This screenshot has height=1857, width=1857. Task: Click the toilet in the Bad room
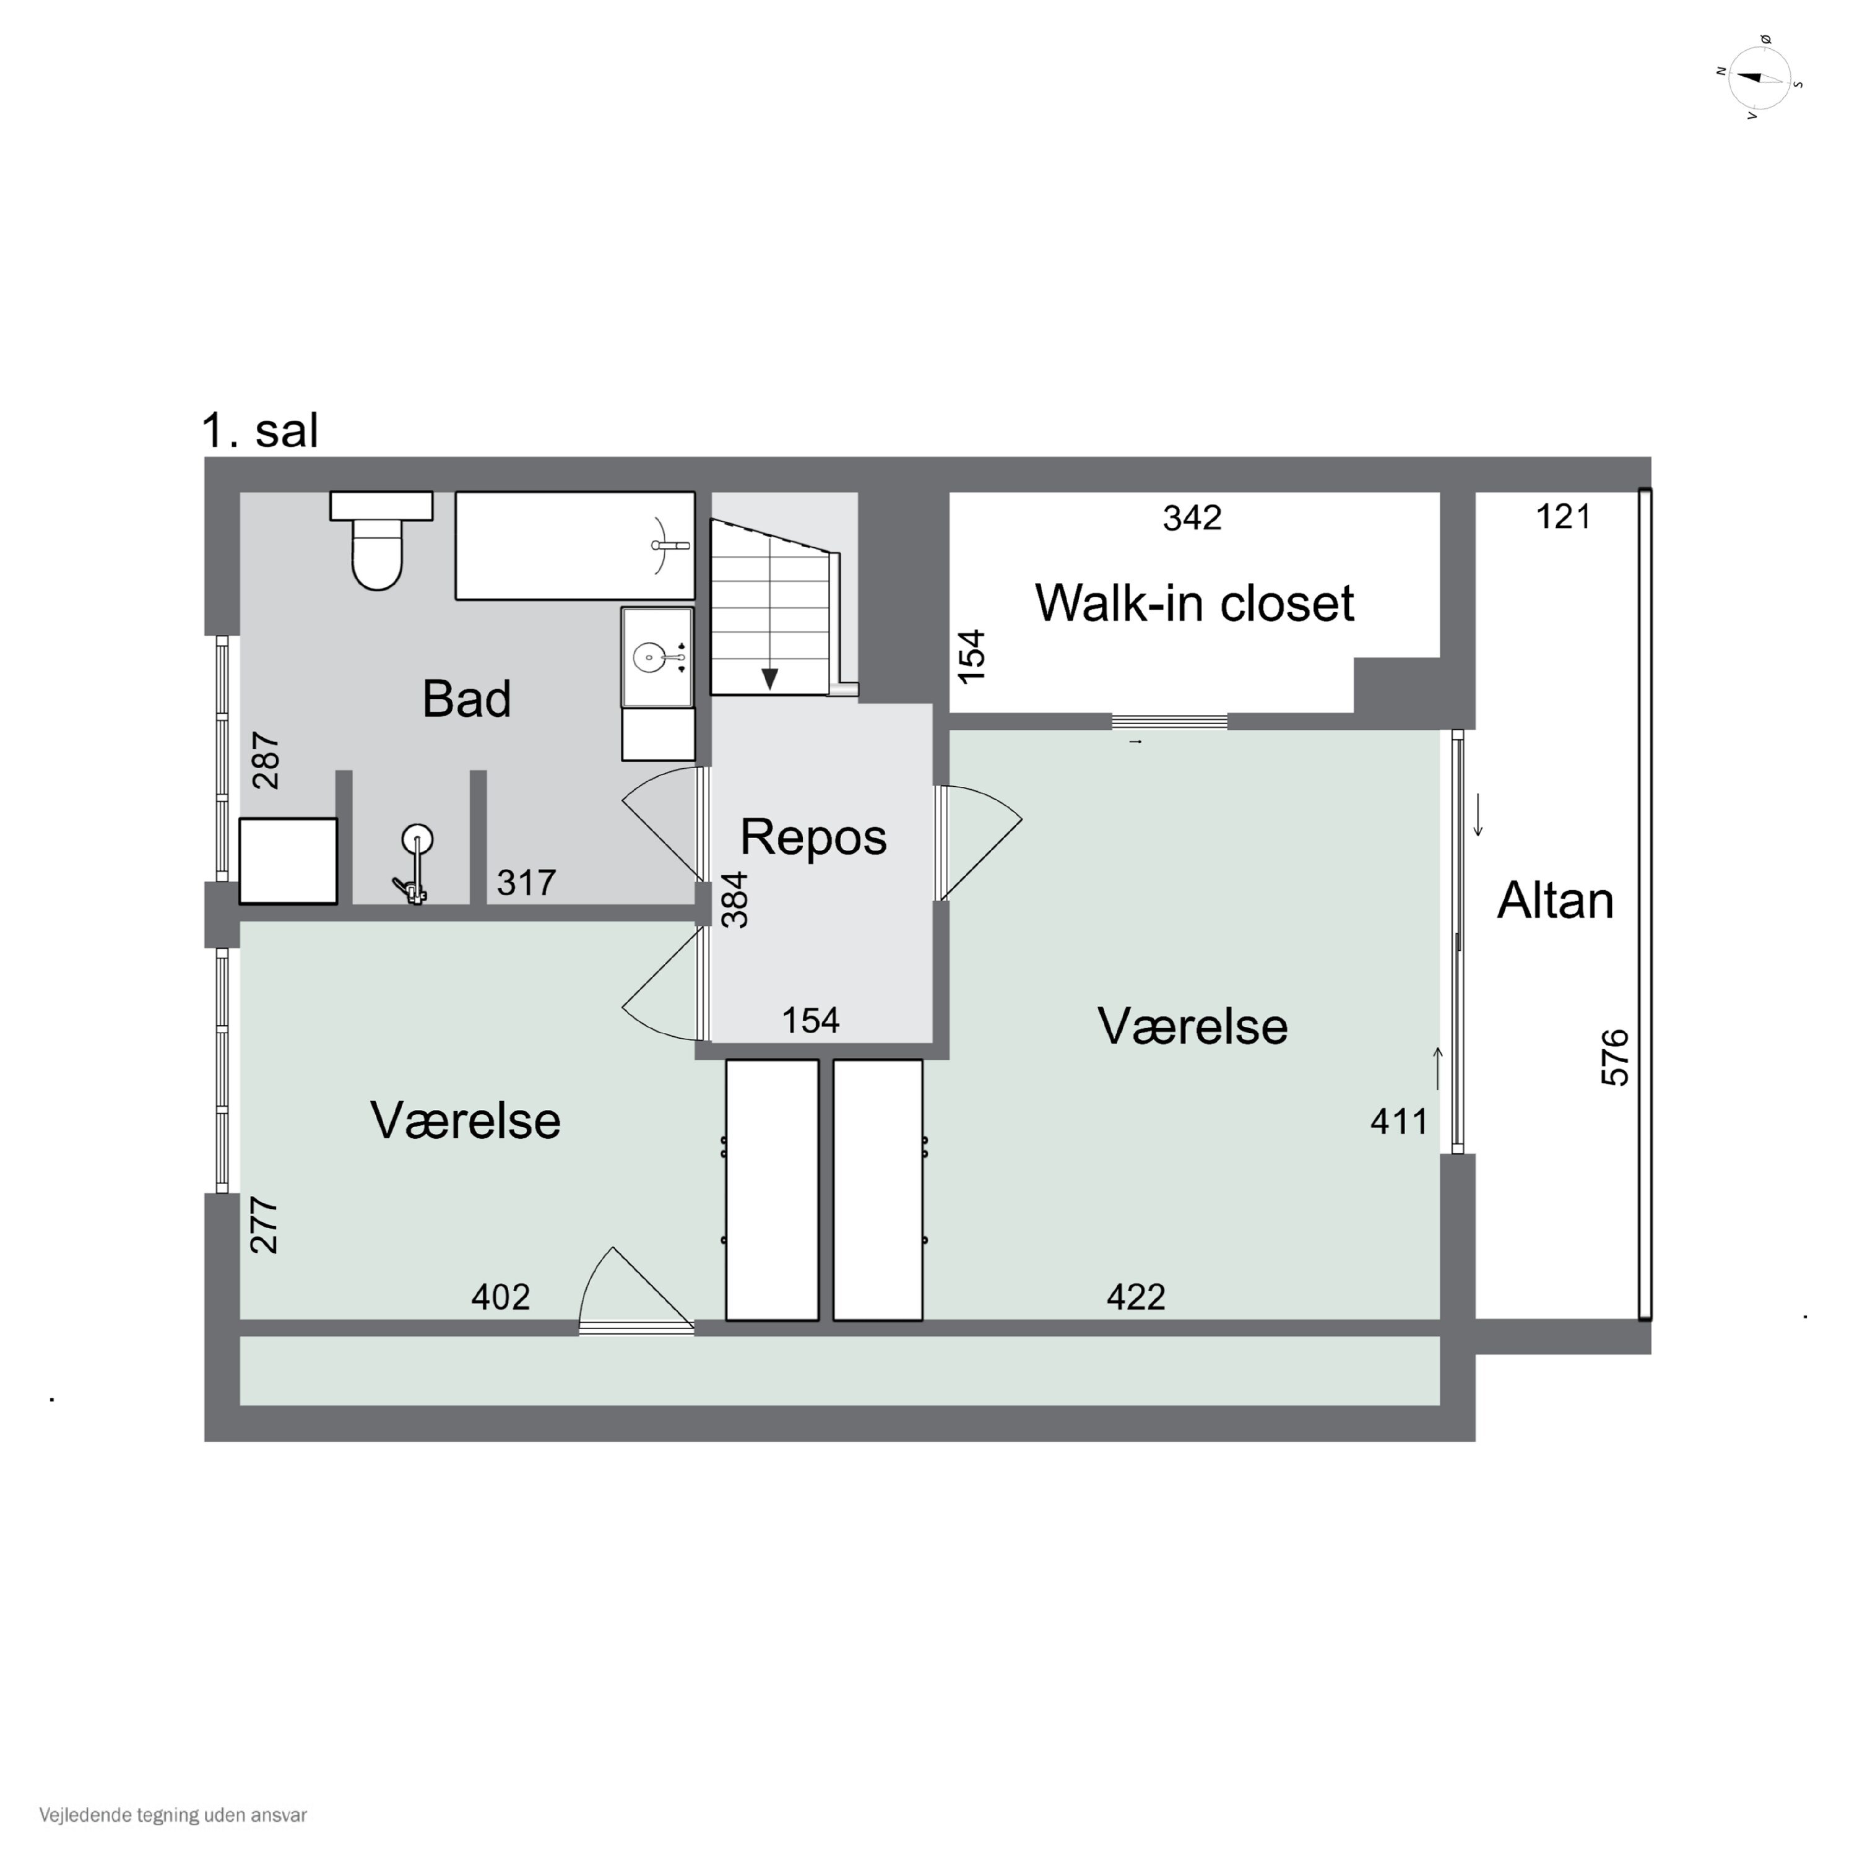(x=381, y=540)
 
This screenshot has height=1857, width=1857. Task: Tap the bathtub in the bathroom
(x=575, y=546)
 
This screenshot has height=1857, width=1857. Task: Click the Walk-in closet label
(x=1194, y=603)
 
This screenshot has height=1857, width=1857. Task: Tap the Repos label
(x=813, y=836)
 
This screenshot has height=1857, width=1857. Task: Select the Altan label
(x=1555, y=901)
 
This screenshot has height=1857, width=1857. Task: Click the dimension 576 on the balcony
(x=1615, y=1057)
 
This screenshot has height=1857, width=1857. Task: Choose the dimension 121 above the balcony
(x=1563, y=517)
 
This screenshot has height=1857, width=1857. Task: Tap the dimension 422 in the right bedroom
(x=1135, y=1297)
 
